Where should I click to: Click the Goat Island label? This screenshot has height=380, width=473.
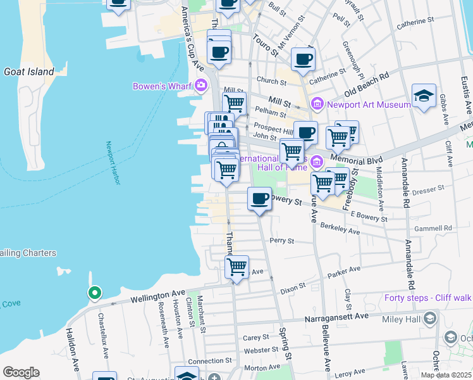click(x=29, y=72)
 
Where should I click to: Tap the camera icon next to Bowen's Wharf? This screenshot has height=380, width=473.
click(x=201, y=85)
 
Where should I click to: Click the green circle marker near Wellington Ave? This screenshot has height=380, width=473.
click(x=94, y=293)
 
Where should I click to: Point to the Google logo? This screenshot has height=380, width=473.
click(x=21, y=372)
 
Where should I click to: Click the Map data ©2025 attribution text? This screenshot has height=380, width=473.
click(x=446, y=375)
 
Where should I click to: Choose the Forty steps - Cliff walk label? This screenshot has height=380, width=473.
click(x=427, y=298)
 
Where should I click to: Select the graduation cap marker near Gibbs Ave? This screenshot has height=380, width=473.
click(x=423, y=96)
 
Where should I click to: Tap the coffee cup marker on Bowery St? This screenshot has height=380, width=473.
click(x=259, y=199)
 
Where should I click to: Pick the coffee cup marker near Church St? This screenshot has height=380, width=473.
click(x=303, y=60)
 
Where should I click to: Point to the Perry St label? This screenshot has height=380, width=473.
click(x=282, y=241)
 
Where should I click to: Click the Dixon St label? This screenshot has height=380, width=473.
click(x=293, y=287)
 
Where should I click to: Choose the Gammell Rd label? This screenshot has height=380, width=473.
click(x=439, y=228)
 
